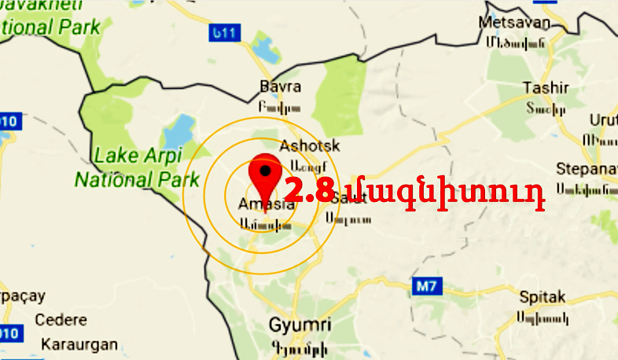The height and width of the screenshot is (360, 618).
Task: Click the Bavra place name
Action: [280, 87]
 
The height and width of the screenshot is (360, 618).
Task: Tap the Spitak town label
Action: [543, 298]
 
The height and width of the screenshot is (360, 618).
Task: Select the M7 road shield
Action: [425, 286]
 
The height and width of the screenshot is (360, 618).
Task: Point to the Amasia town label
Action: [266, 204]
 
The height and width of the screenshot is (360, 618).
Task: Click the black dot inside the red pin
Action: [266, 169]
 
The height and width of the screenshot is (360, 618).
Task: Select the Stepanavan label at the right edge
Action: [585, 169]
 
